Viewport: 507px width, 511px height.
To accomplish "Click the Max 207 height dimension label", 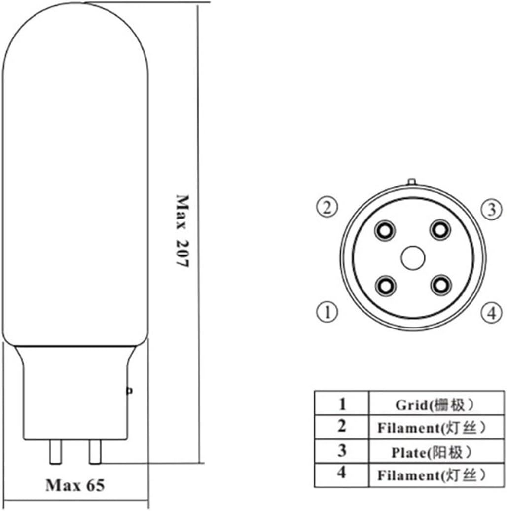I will [x=182, y=231].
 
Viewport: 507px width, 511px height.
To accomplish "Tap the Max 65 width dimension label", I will [x=75, y=485].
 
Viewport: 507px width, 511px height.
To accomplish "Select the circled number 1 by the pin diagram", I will [x=326, y=311].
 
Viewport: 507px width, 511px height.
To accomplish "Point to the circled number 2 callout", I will [x=326, y=208].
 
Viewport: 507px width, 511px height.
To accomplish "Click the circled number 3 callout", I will [x=491, y=210].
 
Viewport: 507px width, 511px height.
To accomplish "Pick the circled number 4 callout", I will [x=491, y=313].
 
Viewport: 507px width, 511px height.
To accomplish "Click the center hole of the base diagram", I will [x=413, y=257].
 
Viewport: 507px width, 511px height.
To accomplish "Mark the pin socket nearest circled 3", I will [x=440, y=229].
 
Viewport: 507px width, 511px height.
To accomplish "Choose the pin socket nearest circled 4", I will [x=440, y=285].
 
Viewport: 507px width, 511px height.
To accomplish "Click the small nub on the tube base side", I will [x=130, y=391].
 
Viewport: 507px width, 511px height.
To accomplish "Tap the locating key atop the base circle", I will [x=413, y=182].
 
